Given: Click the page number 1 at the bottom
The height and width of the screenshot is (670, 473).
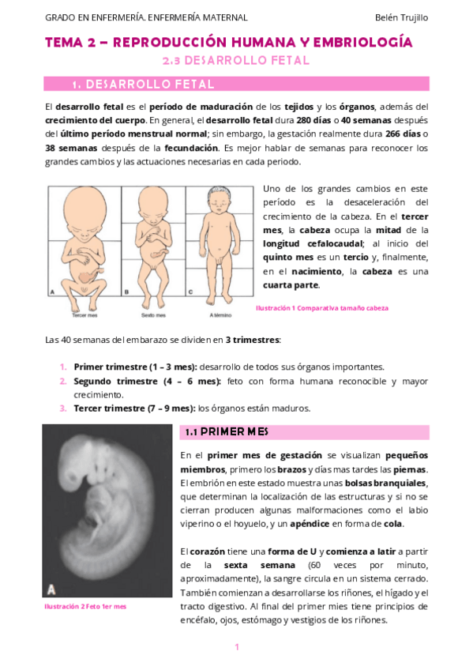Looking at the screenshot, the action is pos(236,648).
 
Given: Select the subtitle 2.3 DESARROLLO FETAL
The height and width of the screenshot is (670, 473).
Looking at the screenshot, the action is pos(235,60).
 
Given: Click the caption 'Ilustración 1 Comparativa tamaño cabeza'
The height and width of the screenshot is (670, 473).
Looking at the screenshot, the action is pos(321,308).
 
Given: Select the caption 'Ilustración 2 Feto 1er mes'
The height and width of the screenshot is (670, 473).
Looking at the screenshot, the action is pos(84,606).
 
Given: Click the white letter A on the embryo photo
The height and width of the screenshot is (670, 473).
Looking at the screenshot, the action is pos(51,589).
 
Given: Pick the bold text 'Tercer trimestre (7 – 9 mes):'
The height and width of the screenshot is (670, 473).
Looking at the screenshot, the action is pos(134,408).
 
